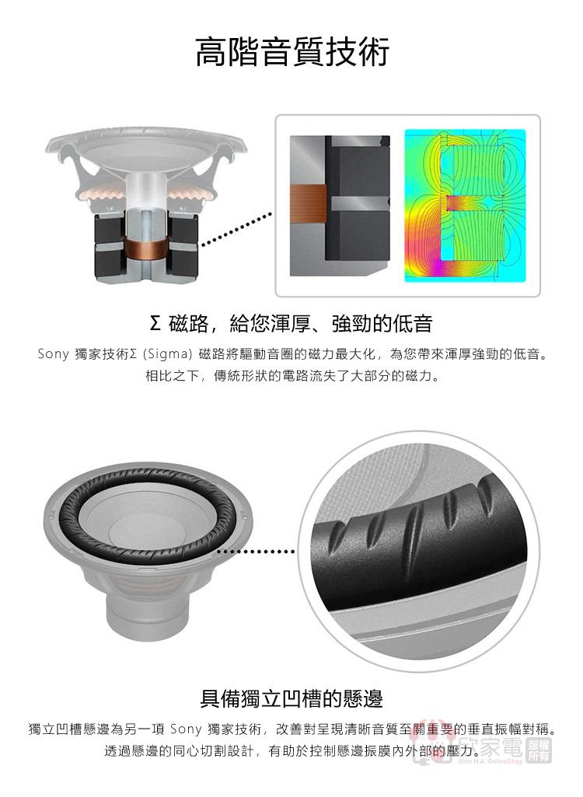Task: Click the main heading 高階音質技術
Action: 292,51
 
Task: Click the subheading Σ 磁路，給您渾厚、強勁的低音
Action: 291,323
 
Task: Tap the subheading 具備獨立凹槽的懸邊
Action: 291,698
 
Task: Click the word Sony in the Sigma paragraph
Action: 54,353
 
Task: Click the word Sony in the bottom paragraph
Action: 187,729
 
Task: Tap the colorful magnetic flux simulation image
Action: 465,205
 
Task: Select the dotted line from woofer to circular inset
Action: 256,552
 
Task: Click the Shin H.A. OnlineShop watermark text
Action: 490,761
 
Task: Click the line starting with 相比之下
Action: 291,377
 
